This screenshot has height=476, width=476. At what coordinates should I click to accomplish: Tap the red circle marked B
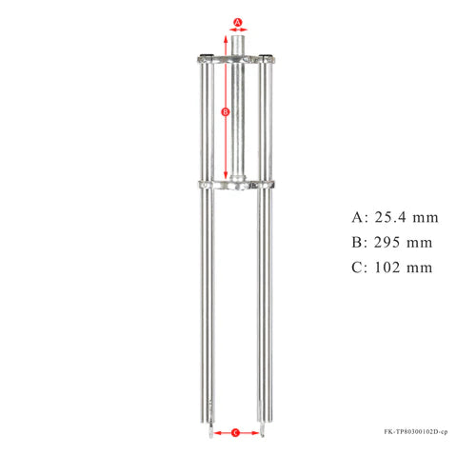tap(225, 111)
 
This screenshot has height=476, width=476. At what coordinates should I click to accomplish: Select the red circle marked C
tap(236, 432)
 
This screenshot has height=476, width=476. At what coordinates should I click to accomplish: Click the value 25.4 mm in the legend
tap(399, 216)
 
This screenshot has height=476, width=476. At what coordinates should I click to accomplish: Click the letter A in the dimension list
tap(358, 216)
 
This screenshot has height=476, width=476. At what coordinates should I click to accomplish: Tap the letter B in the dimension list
tap(358, 242)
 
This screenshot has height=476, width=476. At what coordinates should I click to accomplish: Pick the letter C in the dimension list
tap(358, 268)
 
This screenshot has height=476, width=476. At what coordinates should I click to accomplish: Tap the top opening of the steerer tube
tap(238, 33)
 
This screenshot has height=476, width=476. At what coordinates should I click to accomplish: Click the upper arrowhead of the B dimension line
tap(225, 36)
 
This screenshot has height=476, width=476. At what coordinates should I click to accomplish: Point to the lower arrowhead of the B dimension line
tap(225, 180)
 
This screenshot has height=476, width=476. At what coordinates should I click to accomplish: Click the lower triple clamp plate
tap(238, 184)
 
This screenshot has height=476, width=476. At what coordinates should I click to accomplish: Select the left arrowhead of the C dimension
tap(215, 432)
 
